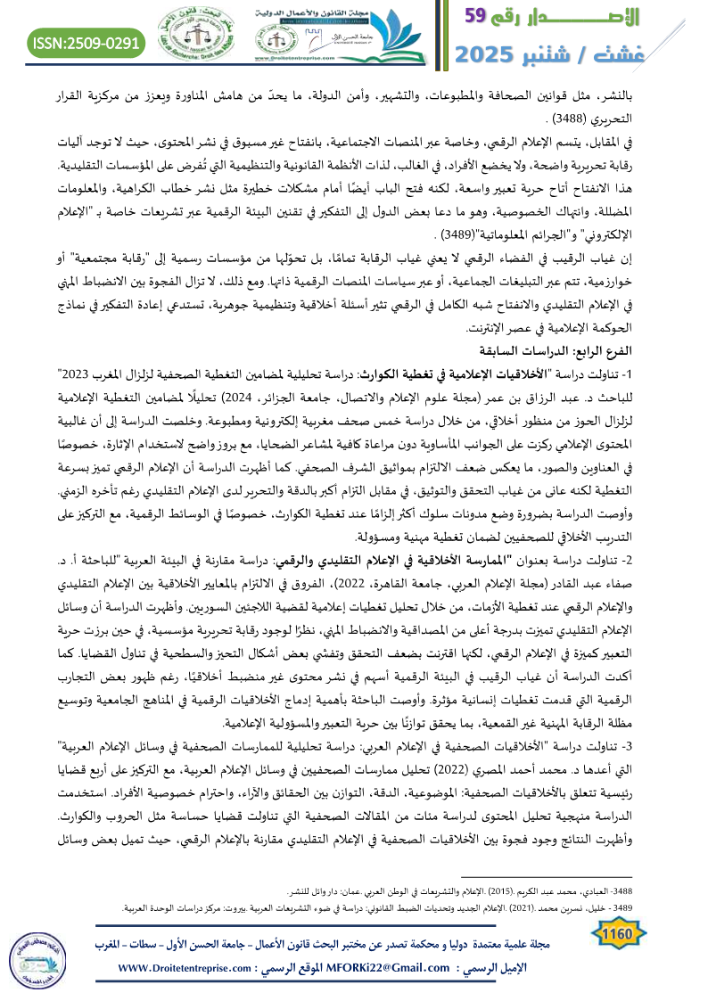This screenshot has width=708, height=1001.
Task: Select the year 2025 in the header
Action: pos(495,53)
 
